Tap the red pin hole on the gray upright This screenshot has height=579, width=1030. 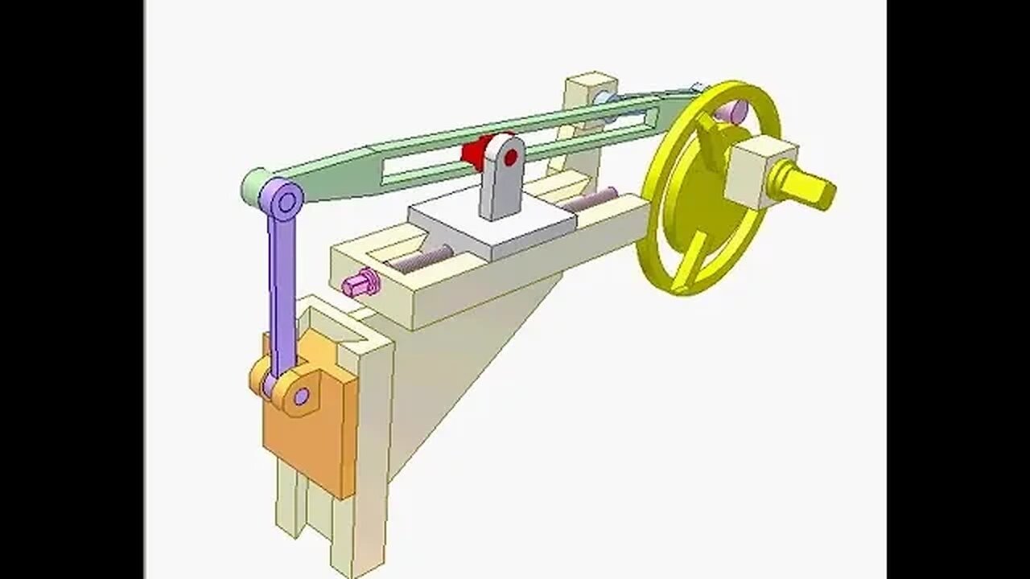(511, 156)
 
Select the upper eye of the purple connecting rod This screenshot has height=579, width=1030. (282, 198)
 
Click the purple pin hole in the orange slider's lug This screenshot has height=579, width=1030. (301, 396)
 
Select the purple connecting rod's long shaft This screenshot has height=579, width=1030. (281, 289)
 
